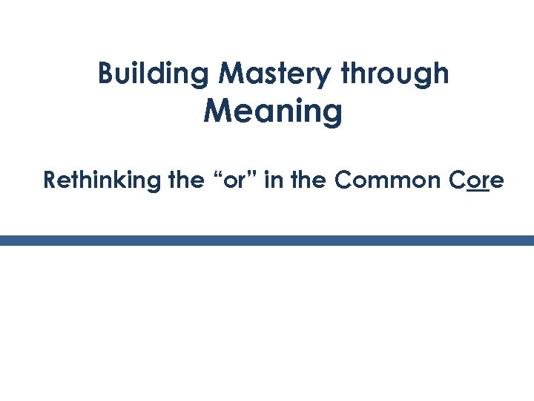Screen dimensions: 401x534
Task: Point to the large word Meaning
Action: point(273,112)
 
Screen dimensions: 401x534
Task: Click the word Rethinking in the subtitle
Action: point(103,180)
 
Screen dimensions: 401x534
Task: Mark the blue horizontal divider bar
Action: point(267,241)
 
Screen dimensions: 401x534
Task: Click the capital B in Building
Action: point(105,74)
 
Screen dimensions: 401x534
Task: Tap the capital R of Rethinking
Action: point(50,180)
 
